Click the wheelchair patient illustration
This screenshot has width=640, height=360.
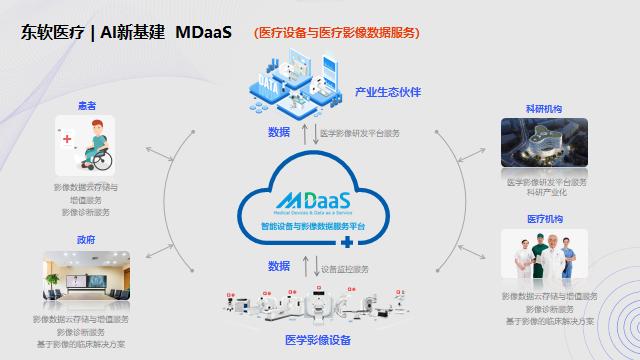[87, 147]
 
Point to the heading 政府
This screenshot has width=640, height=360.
[86, 239]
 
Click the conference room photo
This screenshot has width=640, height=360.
[86, 281]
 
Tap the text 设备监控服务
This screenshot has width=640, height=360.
[345, 268]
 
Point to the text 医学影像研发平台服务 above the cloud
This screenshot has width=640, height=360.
[358, 132]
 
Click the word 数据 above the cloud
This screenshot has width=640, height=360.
[279, 132]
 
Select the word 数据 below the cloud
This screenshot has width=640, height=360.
[279, 266]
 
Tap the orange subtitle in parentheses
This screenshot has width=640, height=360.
[336, 32]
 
